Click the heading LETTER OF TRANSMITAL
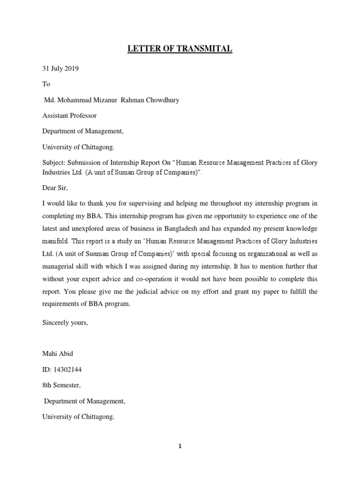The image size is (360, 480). coord(180,48)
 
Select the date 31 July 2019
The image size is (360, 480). coord(60,69)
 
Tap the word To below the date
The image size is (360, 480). coord(46,84)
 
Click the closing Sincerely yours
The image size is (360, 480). coord(65,323)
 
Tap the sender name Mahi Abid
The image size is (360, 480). coord(58,354)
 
